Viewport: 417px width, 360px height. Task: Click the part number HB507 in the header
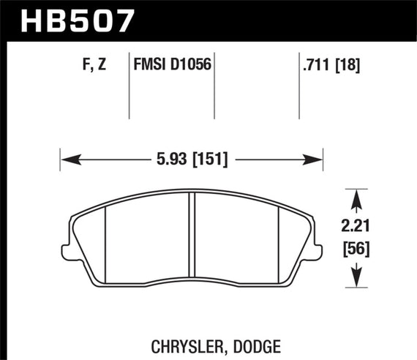tap(69, 20)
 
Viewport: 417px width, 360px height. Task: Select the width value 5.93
tap(168, 158)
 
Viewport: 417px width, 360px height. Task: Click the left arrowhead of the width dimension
tap(65, 158)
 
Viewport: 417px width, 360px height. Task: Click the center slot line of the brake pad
tap(191, 238)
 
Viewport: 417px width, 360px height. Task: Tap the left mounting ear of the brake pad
tap(69, 252)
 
